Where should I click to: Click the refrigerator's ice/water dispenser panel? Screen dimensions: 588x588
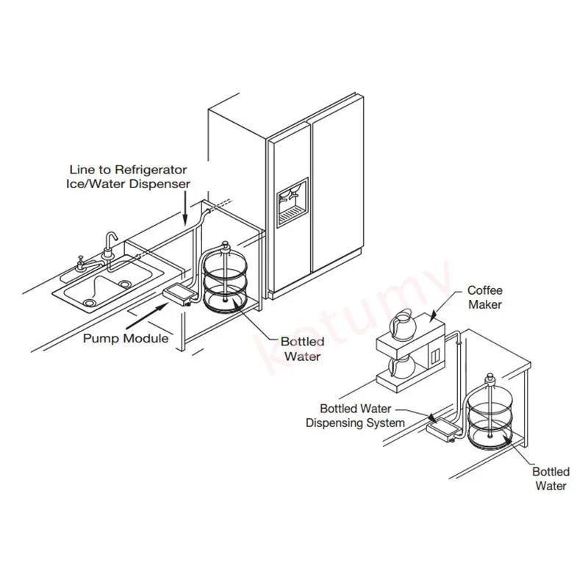click(292, 200)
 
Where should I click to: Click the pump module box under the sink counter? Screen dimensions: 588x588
click(179, 294)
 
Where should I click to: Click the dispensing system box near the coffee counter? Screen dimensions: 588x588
click(440, 429)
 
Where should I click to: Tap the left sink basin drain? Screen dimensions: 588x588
click(90, 301)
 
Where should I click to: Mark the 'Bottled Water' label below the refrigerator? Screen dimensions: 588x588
click(301, 348)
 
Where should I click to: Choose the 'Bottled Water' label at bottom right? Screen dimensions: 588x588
click(551, 478)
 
